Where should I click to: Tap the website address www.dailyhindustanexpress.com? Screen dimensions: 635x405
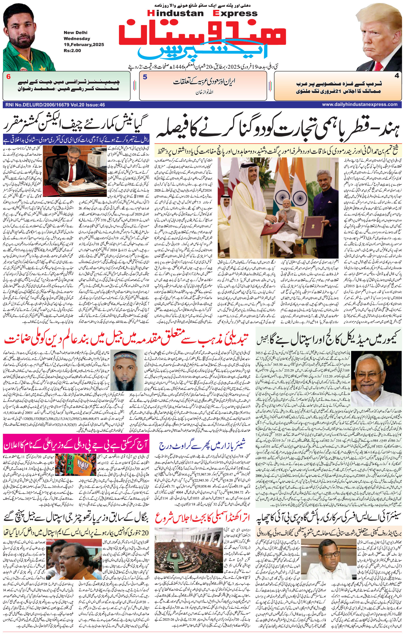[359, 105]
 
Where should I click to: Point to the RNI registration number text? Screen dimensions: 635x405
[55, 105]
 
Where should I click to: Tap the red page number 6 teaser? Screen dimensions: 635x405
[8, 77]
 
